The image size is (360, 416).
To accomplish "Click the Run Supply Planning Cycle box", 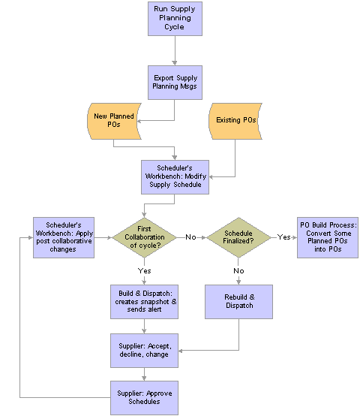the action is click(175, 19).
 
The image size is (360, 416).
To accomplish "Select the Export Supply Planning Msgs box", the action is click(175, 83).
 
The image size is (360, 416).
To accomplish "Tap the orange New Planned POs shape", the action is click(114, 121).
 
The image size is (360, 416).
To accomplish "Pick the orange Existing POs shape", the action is click(235, 121).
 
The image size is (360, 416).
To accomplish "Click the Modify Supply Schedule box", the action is click(175, 177).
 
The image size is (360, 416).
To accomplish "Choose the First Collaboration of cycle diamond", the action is click(144, 237).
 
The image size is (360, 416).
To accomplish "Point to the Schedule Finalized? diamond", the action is click(238, 237).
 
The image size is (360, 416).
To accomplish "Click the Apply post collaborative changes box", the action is click(64, 237).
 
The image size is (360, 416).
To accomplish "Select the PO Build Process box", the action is click(328, 237).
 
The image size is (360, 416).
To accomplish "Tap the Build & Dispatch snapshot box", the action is click(144, 302).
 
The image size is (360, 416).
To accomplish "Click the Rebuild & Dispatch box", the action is click(238, 302).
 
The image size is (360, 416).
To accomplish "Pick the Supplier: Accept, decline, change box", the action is click(144, 351).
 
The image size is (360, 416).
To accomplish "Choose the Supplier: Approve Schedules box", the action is click(144, 398).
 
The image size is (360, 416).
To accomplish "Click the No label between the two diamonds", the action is click(190, 237).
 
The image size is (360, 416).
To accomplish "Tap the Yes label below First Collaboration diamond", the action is click(144, 271).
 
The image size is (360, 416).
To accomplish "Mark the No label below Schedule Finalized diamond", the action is click(238, 271).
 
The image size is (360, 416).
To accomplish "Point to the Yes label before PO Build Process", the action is click(283, 237).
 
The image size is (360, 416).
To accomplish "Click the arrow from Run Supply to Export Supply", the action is click(175, 50).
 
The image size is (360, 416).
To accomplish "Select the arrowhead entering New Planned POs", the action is click(139, 121).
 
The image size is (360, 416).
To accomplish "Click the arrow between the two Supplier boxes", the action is click(144, 374).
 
